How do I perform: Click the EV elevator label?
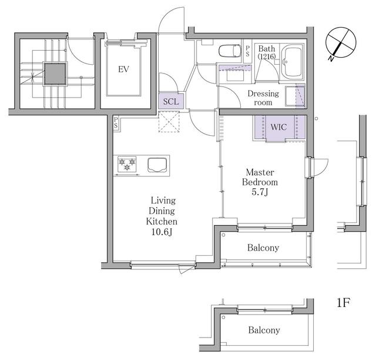[x=123, y=69]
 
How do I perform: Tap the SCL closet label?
[x=171, y=101]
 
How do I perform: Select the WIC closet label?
[x=278, y=126]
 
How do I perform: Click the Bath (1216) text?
[x=266, y=52]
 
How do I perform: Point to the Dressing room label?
[x=263, y=98]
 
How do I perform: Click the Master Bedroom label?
[x=261, y=177]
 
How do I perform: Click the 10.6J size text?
[x=162, y=232]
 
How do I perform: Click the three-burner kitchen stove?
[x=127, y=164]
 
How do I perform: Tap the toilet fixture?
[x=229, y=51]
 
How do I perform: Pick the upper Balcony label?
[x=263, y=248]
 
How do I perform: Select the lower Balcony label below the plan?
[x=263, y=330]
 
